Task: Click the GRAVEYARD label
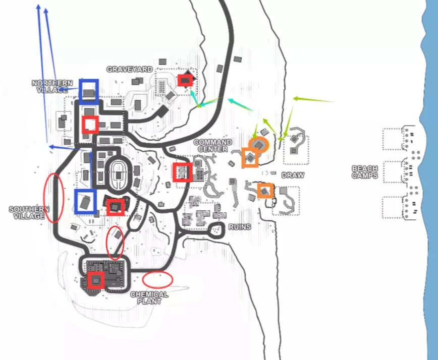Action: coord(129,69)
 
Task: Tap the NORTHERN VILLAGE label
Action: coord(52,86)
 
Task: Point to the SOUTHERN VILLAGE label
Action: coord(29,212)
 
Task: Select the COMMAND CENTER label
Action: coord(213,146)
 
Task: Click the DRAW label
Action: coord(293,175)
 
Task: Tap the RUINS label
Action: coord(239,226)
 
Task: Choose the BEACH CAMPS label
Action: coord(365,172)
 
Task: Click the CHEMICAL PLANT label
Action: coord(149,297)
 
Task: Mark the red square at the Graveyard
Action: coord(186,80)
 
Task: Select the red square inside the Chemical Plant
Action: coord(96,280)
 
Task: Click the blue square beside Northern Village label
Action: coord(89,91)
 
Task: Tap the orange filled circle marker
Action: coord(260,145)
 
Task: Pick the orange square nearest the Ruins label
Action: coord(265,191)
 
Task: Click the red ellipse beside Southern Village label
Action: coord(53,198)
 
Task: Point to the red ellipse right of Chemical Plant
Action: coord(157,279)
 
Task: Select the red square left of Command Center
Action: coord(182,172)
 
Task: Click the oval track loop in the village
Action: coord(118,174)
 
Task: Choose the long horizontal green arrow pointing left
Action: coord(313,99)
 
